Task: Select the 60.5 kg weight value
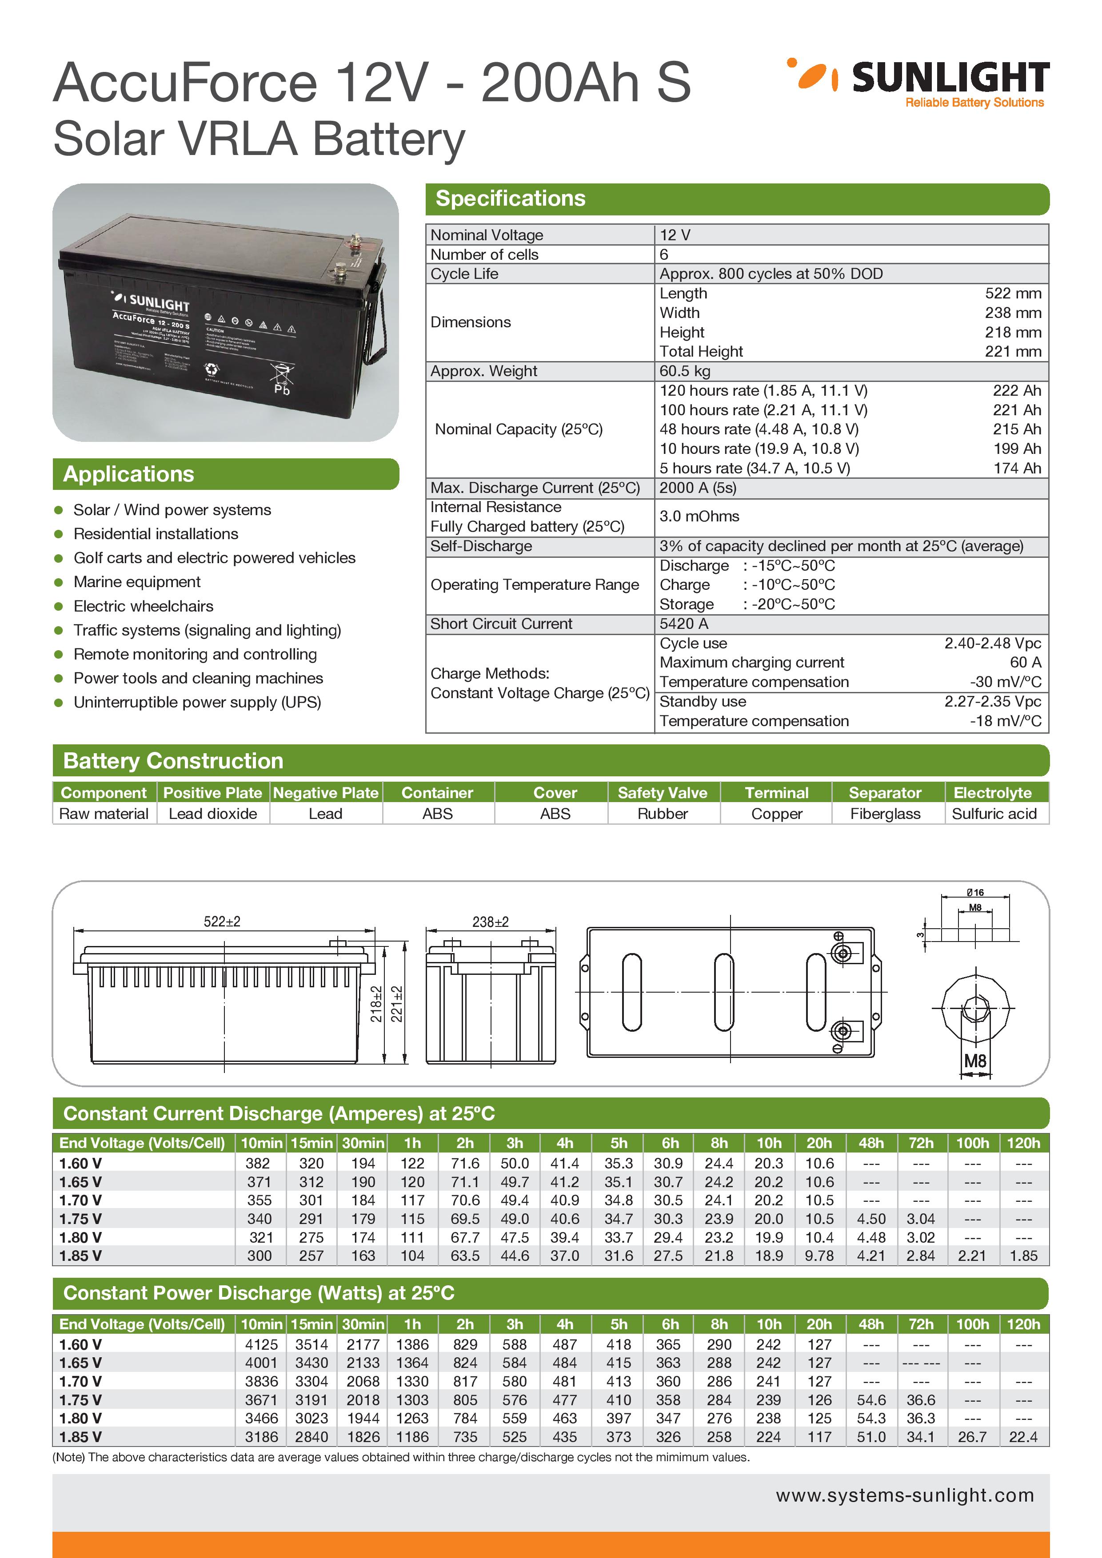(x=684, y=371)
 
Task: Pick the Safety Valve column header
(x=662, y=793)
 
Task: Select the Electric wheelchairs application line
(x=143, y=606)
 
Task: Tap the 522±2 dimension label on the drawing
(x=222, y=922)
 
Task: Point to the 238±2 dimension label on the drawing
(x=490, y=922)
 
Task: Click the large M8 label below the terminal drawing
(x=975, y=1061)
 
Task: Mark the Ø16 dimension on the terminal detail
(x=975, y=892)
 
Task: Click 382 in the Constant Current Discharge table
(x=258, y=1163)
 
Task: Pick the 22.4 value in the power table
(x=1023, y=1437)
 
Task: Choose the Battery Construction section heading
(x=173, y=761)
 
